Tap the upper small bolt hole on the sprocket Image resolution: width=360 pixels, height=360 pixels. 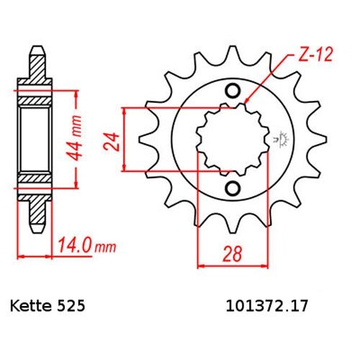233,91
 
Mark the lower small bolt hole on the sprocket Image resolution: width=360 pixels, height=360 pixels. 233,189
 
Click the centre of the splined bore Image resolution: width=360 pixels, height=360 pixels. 225,140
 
